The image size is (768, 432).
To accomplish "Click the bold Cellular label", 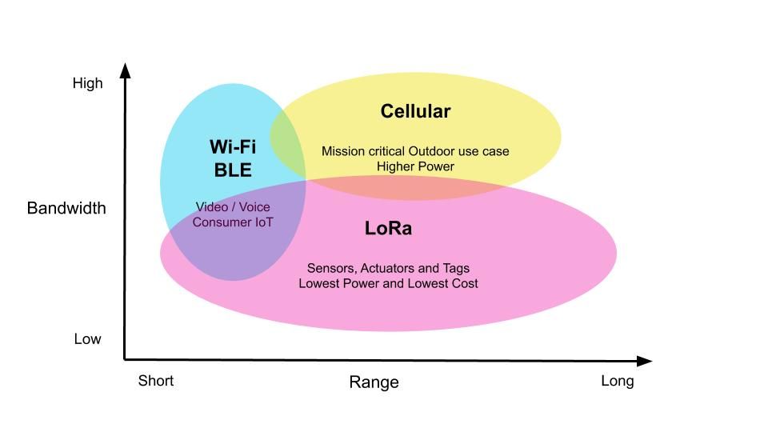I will point(415,111).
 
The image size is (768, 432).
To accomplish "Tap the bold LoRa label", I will point(388,228).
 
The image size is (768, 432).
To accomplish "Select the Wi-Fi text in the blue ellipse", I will point(233,146).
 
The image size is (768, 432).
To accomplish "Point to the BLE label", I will point(233,170).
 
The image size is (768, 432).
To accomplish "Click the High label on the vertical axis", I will point(88,83).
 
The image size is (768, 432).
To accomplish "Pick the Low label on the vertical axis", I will point(88,339).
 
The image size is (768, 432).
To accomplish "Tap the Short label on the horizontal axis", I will point(156,381).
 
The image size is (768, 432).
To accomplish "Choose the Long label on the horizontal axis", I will point(617,381).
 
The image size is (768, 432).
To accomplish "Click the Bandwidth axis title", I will point(66,208).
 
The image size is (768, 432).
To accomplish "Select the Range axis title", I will point(374,382).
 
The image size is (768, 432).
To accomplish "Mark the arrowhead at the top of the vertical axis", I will point(125,70).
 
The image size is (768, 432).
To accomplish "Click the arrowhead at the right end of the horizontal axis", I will point(645,361).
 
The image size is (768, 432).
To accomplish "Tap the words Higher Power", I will point(415,166).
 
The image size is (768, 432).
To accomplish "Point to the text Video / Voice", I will point(233,207).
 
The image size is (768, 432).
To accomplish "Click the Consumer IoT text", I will point(233,222).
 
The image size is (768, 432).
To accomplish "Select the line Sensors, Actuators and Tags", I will point(388,268).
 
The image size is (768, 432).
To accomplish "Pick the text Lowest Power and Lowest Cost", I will point(388,283).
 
